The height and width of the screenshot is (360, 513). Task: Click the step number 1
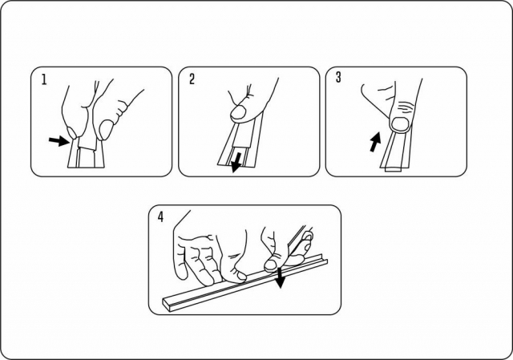coord(44,79)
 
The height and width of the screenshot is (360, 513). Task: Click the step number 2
coord(192,79)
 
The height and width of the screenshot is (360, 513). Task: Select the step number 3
coord(338,77)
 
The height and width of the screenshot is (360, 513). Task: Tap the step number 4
coord(160,217)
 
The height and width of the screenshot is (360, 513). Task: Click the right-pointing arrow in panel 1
coord(59,141)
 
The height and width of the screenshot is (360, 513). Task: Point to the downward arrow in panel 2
coord(236,162)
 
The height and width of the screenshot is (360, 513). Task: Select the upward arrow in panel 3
coord(375,142)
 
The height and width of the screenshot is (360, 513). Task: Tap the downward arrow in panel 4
coord(280,278)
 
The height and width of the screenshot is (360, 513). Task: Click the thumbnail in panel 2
coord(239,112)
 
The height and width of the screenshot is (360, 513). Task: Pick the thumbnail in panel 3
coord(400,123)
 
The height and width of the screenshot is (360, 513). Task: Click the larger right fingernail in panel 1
coord(105,129)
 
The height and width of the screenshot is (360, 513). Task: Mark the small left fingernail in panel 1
coord(72,132)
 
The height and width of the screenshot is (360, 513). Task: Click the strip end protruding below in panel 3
coord(394,169)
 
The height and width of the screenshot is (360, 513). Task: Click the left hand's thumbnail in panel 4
coord(241,277)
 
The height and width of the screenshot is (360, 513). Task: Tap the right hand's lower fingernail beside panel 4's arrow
coord(271,265)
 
